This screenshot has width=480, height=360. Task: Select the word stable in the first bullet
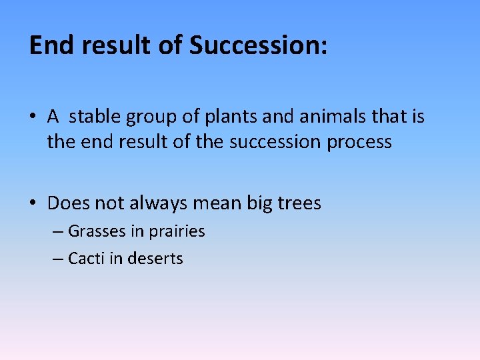(x=93, y=117)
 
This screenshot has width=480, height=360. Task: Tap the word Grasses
(x=97, y=231)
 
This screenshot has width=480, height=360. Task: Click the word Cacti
(x=86, y=259)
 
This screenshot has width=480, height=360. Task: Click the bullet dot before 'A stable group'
(x=33, y=118)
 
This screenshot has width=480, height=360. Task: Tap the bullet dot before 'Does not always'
(x=33, y=203)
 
